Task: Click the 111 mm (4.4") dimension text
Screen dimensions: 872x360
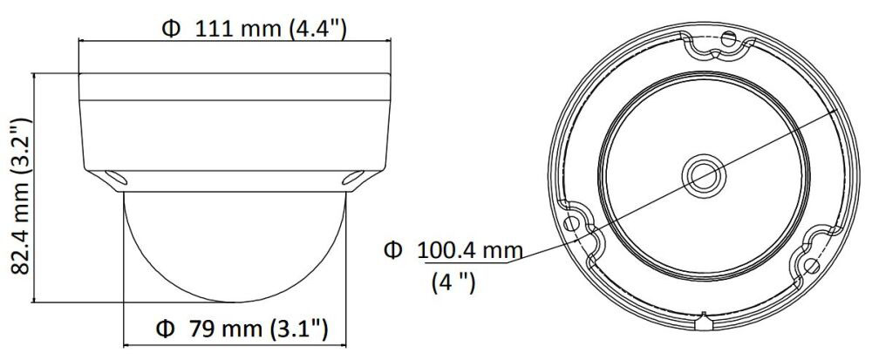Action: pyautogui.click(x=271, y=29)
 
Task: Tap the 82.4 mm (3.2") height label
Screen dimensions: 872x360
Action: pyautogui.click(x=21, y=195)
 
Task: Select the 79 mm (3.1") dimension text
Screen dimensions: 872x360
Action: pyautogui.click(x=257, y=329)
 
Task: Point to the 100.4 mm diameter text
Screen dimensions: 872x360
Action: pyautogui.click(x=470, y=251)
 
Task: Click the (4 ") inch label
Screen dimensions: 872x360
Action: pyautogui.click(x=453, y=283)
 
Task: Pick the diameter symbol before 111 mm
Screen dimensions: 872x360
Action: pyautogui.click(x=171, y=29)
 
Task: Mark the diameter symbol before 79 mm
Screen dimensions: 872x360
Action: pyautogui.click(x=165, y=329)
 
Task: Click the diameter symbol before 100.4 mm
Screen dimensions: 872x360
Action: pyautogui.click(x=392, y=251)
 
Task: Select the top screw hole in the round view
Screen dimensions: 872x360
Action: pyautogui.click(x=727, y=39)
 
